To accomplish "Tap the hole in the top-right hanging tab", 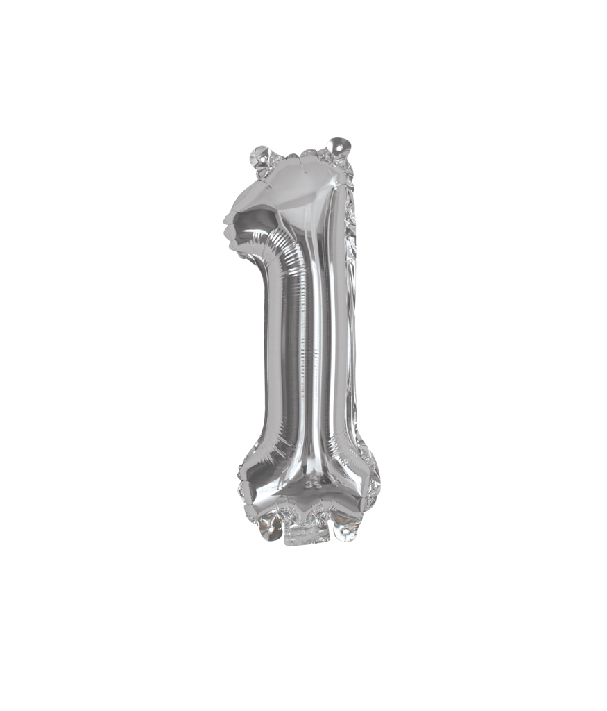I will pos(339,147).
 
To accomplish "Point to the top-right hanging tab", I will pos(339,147).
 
